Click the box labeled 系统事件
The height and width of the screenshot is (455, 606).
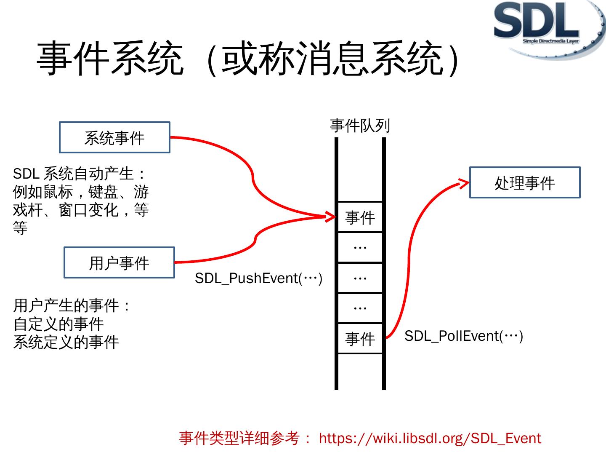click(114, 137)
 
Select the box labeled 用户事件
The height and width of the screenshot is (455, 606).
click(119, 262)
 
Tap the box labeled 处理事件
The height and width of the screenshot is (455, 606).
click(524, 182)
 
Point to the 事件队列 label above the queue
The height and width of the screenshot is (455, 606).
click(360, 126)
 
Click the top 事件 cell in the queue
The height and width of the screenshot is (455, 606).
click(360, 217)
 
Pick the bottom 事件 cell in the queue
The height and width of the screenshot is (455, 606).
click(360, 338)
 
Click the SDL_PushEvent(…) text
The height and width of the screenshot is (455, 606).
click(258, 278)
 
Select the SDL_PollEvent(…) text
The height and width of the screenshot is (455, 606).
click(463, 336)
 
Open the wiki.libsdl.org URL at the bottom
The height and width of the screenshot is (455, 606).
click(430, 438)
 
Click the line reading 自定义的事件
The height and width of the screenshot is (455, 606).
click(58, 324)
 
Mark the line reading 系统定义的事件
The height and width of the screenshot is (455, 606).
click(66, 342)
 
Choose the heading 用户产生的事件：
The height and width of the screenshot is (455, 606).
click(72, 305)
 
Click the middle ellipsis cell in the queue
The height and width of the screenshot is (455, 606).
click(360, 278)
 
